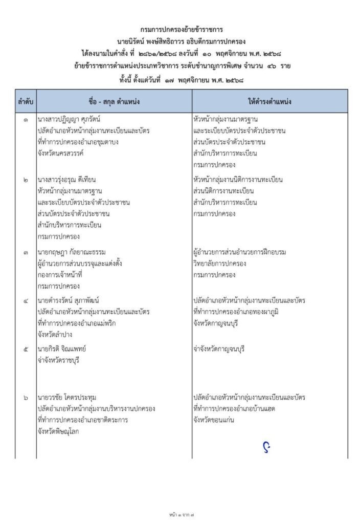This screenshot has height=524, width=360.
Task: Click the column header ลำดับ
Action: (x=25, y=101)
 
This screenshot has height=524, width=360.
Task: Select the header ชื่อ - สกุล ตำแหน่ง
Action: (x=114, y=101)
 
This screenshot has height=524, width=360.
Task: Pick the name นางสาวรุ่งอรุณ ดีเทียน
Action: (x=66, y=180)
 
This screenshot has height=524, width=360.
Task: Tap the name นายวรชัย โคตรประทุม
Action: (x=67, y=397)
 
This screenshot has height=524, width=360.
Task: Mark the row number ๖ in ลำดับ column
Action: (x=26, y=397)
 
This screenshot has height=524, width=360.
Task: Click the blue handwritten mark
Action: (x=266, y=447)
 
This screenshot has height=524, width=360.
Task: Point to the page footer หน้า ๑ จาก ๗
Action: (x=179, y=512)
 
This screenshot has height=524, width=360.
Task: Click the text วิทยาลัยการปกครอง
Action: (x=220, y=263)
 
